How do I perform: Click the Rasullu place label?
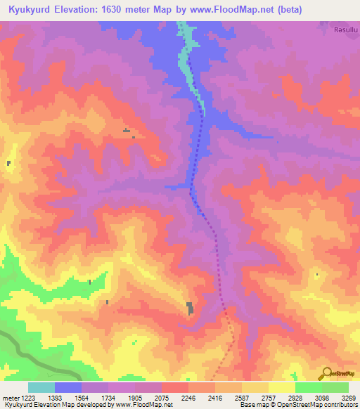346,30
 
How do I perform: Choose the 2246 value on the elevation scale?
188,398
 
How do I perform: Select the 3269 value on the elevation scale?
340,398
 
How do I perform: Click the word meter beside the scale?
8,398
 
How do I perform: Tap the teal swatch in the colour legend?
41,387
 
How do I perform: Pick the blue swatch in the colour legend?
68,387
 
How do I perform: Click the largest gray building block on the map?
190,308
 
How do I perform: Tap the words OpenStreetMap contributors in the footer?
316,405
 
